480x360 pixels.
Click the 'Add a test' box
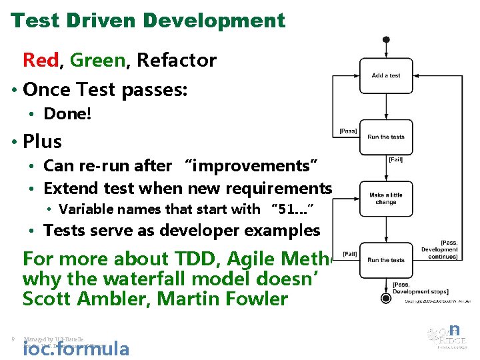pyautogui.click(x=386, y=76)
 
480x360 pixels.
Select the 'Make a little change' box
pyautogui.click(x=386, y=198)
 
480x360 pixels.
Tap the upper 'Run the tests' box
pyautogui.click(x=386, y=137)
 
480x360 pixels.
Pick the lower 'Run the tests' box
pyautogui.click(x=386, y=260)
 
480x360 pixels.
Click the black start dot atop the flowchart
pyautogui.click(x=386, y=39)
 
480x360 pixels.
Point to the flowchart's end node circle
pyautogui.click(x=385, y=298)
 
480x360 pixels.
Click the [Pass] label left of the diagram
pyautogui.click(x=348, y=131)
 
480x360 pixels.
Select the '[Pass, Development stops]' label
pyautogui.click(x=420, y=288)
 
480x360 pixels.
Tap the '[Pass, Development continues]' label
pyautogui.click(x=439, y=249)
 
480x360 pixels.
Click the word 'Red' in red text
pyautogui.click(x=41, y=61)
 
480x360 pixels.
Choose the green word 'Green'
pyautogui.click(x=97, y=61)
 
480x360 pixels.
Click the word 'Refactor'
pyautogui.click(x=177, y=61)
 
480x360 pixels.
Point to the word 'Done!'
pyautogui.click(x=67, y=114)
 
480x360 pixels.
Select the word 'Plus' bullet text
pyautogui.click(x=42, y=141)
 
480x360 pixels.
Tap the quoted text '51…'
pyautogui.click(x=292, y=209)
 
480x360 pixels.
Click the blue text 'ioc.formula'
pyautogui.click(x=76, y=348)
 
